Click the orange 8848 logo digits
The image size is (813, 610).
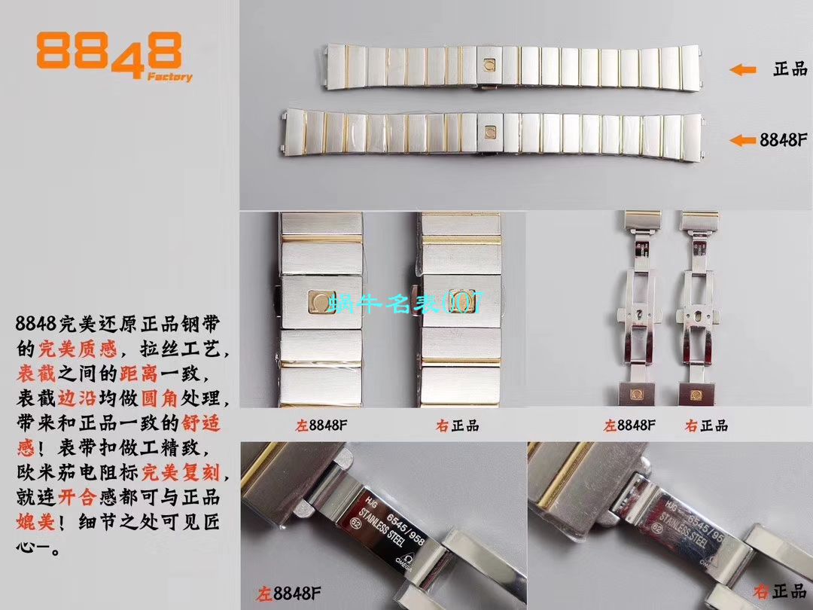(108, 53)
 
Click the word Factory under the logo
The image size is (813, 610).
(169, 77)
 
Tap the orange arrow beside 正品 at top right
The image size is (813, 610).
(742, 69)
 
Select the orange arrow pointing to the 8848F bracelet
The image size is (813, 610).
(743, 140)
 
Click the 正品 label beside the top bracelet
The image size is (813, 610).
(790, 69)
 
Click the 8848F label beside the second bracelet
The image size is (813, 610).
(784, 140)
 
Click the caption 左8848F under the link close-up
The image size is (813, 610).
(322, 425)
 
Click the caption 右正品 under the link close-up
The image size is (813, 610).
(457, 425)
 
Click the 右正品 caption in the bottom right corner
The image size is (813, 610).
(772, 591)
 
